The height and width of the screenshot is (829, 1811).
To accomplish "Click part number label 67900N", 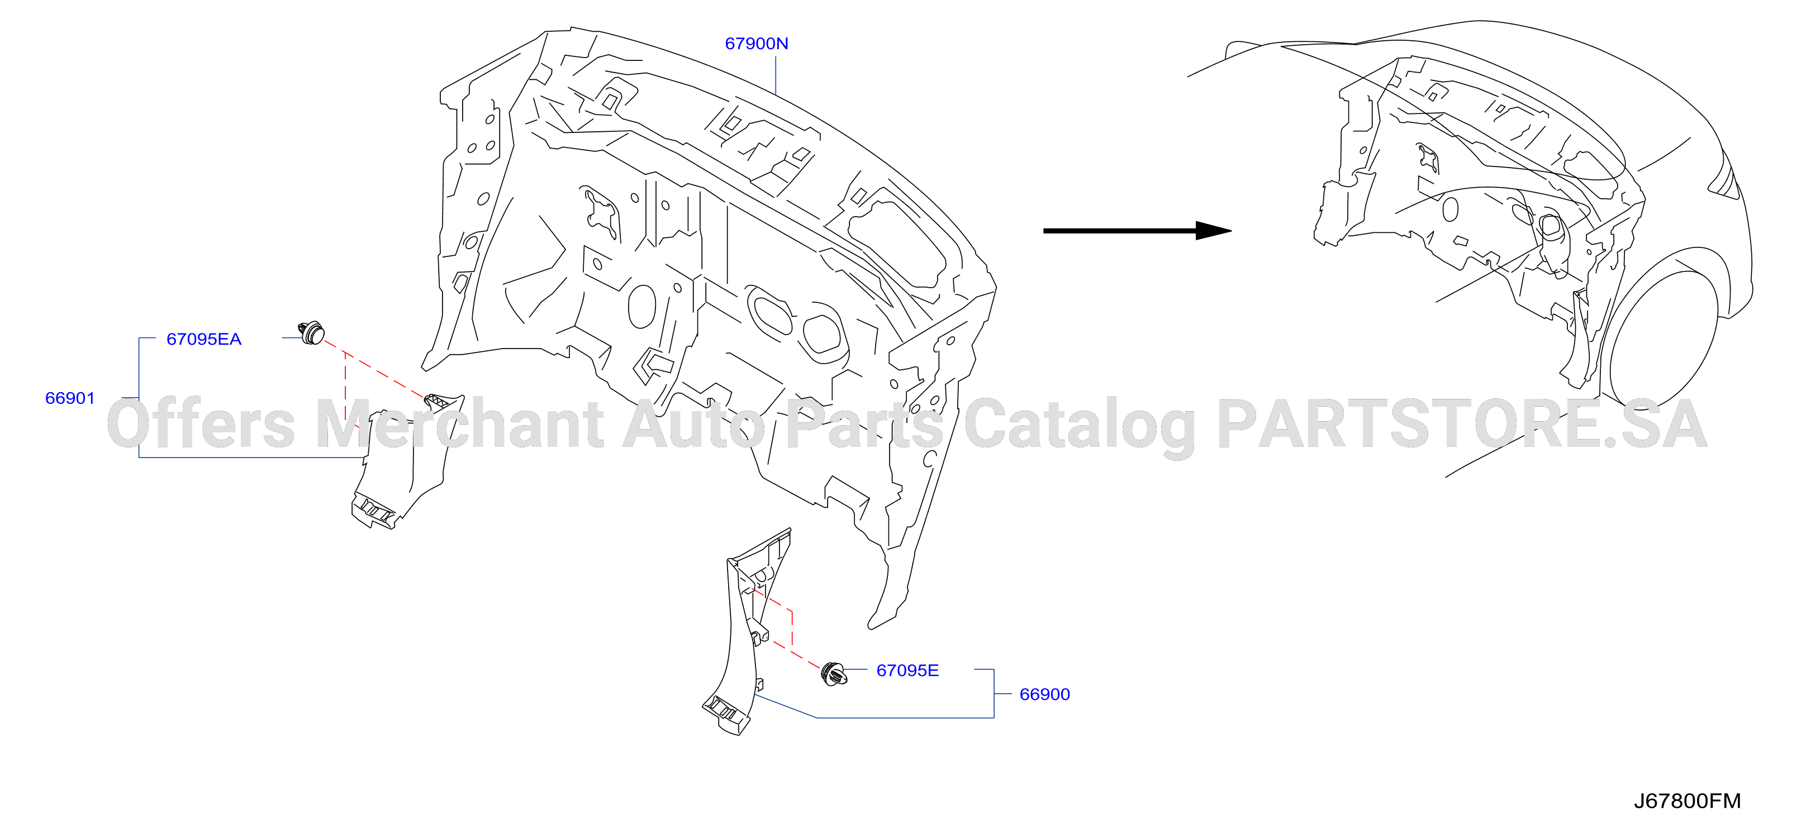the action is point(757,44).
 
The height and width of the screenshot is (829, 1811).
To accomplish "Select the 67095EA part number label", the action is point(204,339).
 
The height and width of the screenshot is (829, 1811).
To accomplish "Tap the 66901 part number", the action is point(70,398).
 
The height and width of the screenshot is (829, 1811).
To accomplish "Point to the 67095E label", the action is point(907,670).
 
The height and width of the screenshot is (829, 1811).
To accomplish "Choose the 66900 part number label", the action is point(1045,694).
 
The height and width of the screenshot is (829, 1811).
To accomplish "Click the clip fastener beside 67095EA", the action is point(311,332).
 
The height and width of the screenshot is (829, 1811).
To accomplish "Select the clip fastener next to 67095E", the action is point(834,674).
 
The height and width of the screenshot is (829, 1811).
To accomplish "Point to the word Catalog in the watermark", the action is point(1079,426).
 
